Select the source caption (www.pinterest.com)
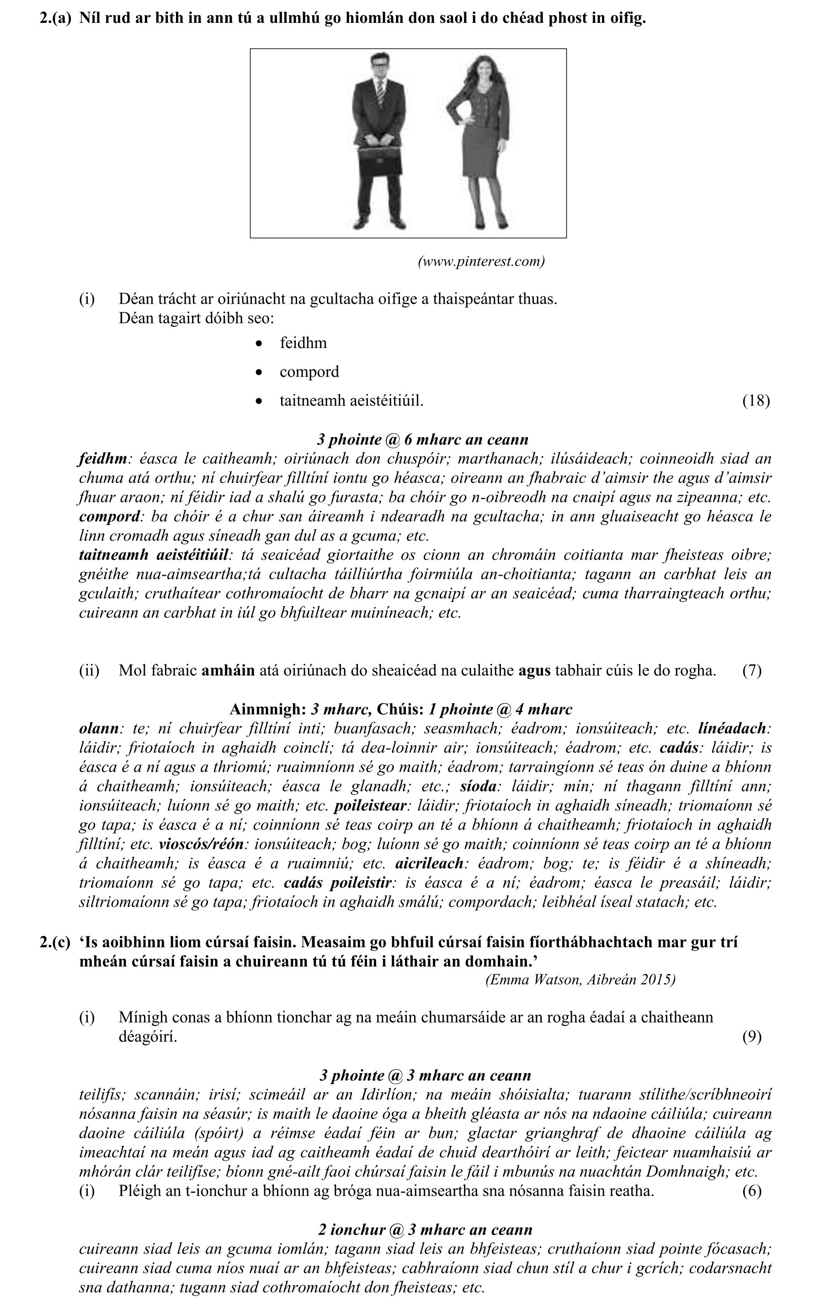tap(481, 261)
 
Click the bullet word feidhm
tap(303, 343)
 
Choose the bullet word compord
tap(309, 372)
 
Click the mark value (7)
tap(751, 670)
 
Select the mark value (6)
tap(751, 1191)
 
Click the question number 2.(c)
tap(55, 942)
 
